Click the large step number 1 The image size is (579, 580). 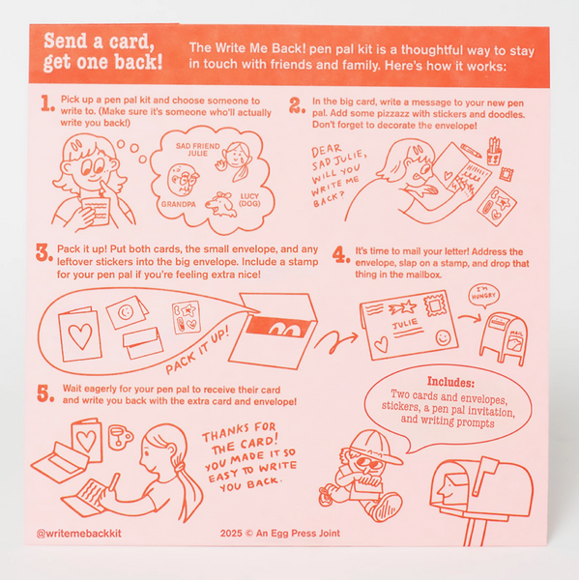pos(47,103)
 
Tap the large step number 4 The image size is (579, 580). pos(341,254)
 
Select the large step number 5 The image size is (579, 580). pos(45,393)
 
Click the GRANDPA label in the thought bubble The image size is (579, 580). pos(178,204)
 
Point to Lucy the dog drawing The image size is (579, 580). pos(221,204)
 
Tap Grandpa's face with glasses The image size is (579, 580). pos(183,180)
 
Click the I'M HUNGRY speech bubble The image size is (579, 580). pos(483,295)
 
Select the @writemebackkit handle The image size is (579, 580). pos(79,533)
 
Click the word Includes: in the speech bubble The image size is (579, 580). pos(450,382)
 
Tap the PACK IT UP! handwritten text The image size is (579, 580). pos(197,350)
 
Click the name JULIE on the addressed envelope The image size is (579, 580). pos(405,324)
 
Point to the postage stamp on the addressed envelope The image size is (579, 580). pos(436,304)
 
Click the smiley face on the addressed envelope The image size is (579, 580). pos(443,337)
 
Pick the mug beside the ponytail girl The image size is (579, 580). pos(120,437)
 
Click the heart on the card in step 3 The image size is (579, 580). pos(80,335)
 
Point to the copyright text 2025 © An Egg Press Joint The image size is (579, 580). pos(280,533)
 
